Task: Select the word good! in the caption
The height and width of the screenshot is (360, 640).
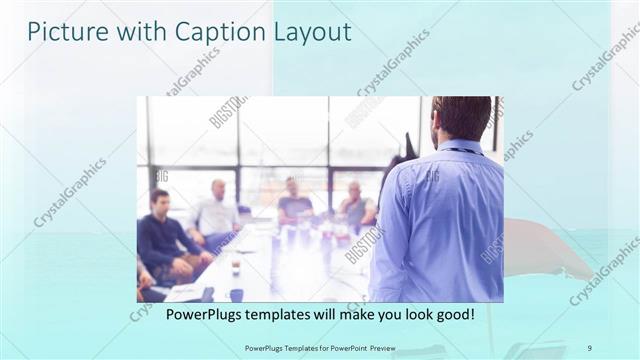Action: (x=453, y=314)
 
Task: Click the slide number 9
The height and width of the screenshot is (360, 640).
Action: (x=589, y=347)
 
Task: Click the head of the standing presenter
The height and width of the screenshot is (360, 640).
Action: (x=460, y=118)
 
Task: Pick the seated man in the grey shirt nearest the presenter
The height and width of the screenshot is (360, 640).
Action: (x=356, y=206)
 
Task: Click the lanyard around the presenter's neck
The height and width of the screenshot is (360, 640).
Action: (x=459, y=150)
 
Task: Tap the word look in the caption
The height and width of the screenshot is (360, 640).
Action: (x=410, y=314)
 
